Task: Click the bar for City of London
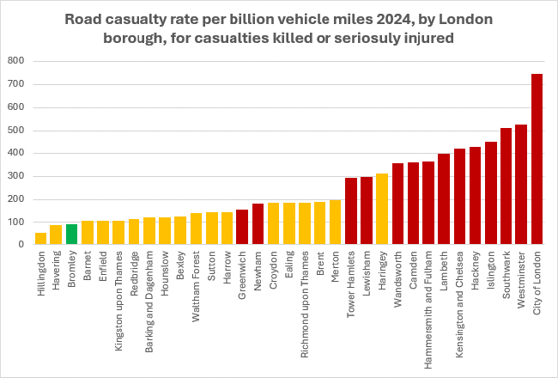pos(537,160)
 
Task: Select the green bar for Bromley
pos(71,235)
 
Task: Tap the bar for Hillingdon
pos(40,239)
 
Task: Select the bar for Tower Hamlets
pos(350,211)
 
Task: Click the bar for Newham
pos(258,224)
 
